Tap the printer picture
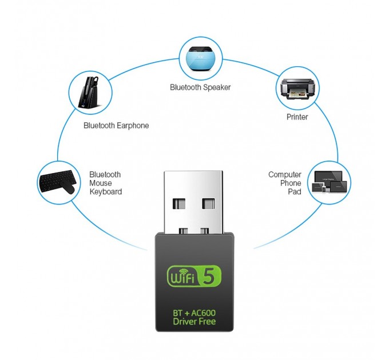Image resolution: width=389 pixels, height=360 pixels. [297, 89]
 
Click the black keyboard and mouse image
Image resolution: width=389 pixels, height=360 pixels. [58, 182]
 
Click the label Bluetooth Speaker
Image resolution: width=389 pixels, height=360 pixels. [200, 87]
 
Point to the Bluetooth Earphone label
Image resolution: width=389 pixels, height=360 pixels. [116, 126]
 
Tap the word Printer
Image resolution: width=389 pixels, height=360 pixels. [297, 117]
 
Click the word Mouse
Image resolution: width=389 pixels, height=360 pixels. [101, 183]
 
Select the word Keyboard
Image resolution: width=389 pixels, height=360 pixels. [106, 192]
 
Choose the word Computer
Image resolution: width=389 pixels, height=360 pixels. [285, 175]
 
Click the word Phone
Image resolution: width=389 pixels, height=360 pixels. [291, 183]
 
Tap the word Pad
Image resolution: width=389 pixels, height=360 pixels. [295, 191]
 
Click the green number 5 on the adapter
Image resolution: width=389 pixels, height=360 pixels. [209, 276]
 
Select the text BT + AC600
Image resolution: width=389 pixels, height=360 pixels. [194, 313]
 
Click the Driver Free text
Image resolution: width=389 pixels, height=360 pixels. [194, 322]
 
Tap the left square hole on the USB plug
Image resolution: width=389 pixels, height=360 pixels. [179, 203]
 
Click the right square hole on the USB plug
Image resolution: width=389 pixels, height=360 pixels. [208, 203]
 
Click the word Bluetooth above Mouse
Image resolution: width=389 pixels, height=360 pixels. [105, 175]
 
